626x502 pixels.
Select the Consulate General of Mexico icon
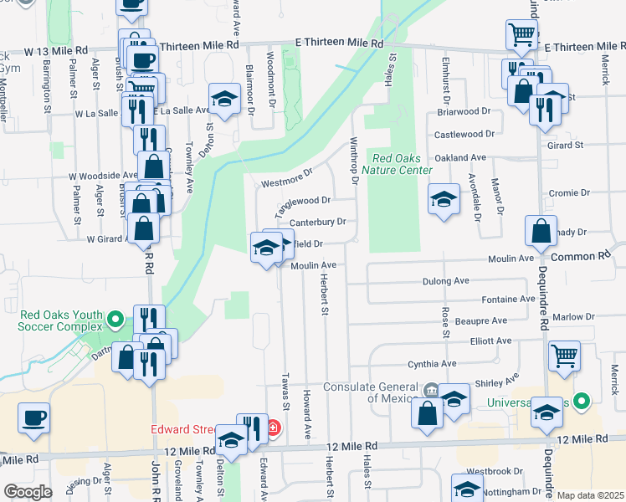[430, 389]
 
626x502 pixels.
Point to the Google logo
[28, 492]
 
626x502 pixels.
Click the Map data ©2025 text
[590, 495]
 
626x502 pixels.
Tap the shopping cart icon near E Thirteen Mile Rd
[521, 35]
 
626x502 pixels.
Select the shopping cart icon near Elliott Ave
[564, 355]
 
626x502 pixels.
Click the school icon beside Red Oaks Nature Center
[444, 199]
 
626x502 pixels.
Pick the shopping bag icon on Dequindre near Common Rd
[541, 230]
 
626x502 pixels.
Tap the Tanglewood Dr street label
[304, 201]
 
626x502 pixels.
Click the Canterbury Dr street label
[319, 222]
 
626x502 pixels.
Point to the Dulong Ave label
[445, 281]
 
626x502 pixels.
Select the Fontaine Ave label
[508, 299]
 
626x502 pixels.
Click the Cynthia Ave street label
[432, 364]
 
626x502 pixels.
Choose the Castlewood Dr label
[459, 134]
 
